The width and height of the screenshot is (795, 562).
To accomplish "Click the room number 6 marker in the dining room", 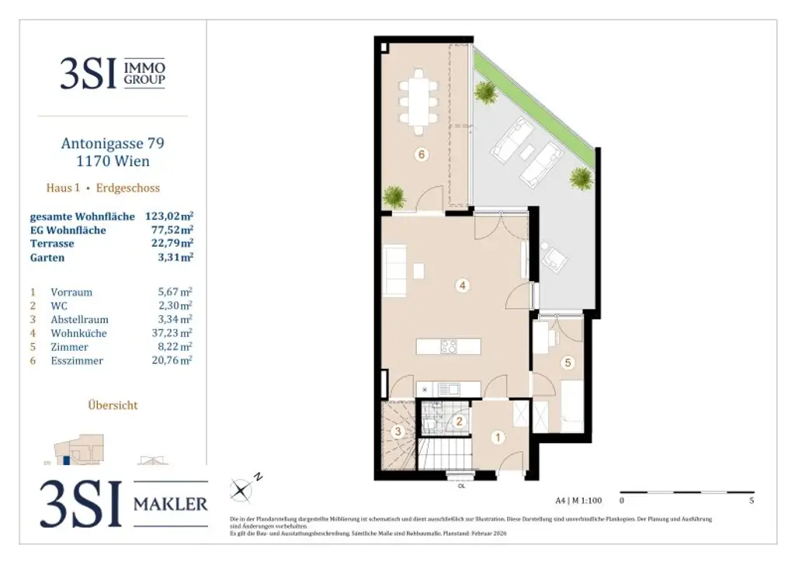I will (422, 154).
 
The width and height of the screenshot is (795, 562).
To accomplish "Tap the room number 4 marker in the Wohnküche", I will (462, 286).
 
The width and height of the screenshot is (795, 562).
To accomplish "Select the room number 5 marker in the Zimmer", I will (568, 362).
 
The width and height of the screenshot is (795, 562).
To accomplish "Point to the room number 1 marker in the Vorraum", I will (498, 437).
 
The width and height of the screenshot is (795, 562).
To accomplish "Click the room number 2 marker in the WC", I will (459, 421).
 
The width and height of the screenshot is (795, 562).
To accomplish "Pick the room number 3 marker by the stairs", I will (397, 432).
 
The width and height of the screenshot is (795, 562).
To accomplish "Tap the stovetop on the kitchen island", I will (449, 347).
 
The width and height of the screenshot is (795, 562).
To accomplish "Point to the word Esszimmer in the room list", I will (77, 360).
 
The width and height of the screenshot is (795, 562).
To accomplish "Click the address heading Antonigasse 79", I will (113, 143).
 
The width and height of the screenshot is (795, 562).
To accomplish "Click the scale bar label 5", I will (752, 501).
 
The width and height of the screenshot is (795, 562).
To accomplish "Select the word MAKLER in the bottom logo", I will (171, 504).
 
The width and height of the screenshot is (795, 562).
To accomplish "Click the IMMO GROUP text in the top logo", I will (144, 75).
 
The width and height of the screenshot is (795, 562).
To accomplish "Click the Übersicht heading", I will (113, 404).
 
